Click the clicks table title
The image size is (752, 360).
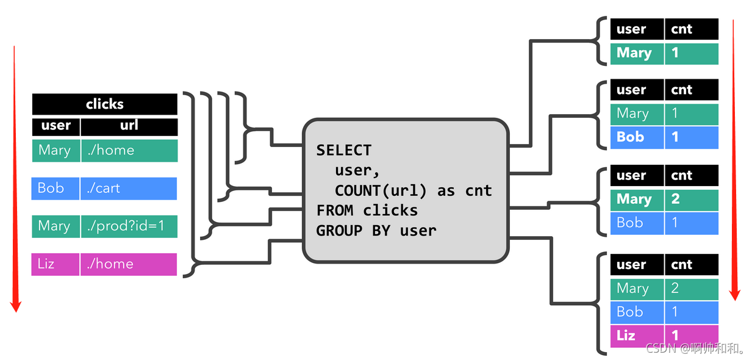tap(104, 104)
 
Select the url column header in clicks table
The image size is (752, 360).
tap(129, 126)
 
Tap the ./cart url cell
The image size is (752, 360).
tap(128, 188)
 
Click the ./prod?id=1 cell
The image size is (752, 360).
tap(128, 226)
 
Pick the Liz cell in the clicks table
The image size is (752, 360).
tap(56, 264)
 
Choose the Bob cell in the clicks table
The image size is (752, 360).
tap(56, 188)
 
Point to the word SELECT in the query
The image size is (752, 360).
tap(343, 150)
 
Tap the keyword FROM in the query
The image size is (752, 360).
tap(336, 211)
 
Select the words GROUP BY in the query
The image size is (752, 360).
tap(354, 231)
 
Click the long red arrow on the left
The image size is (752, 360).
tap(16, 177)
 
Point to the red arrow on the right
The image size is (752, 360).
tap(735, 159)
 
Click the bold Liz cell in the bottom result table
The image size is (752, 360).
tap(637, 336)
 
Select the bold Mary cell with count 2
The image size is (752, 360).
tap(637, 200)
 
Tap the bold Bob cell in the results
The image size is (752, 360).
tap(637, 137)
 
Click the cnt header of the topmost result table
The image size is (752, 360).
tap(691, 29)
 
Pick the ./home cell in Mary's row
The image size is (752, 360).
tap(128, 150)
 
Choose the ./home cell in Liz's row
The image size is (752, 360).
tap(128, 264)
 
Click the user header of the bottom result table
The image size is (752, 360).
tap(637, 265)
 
